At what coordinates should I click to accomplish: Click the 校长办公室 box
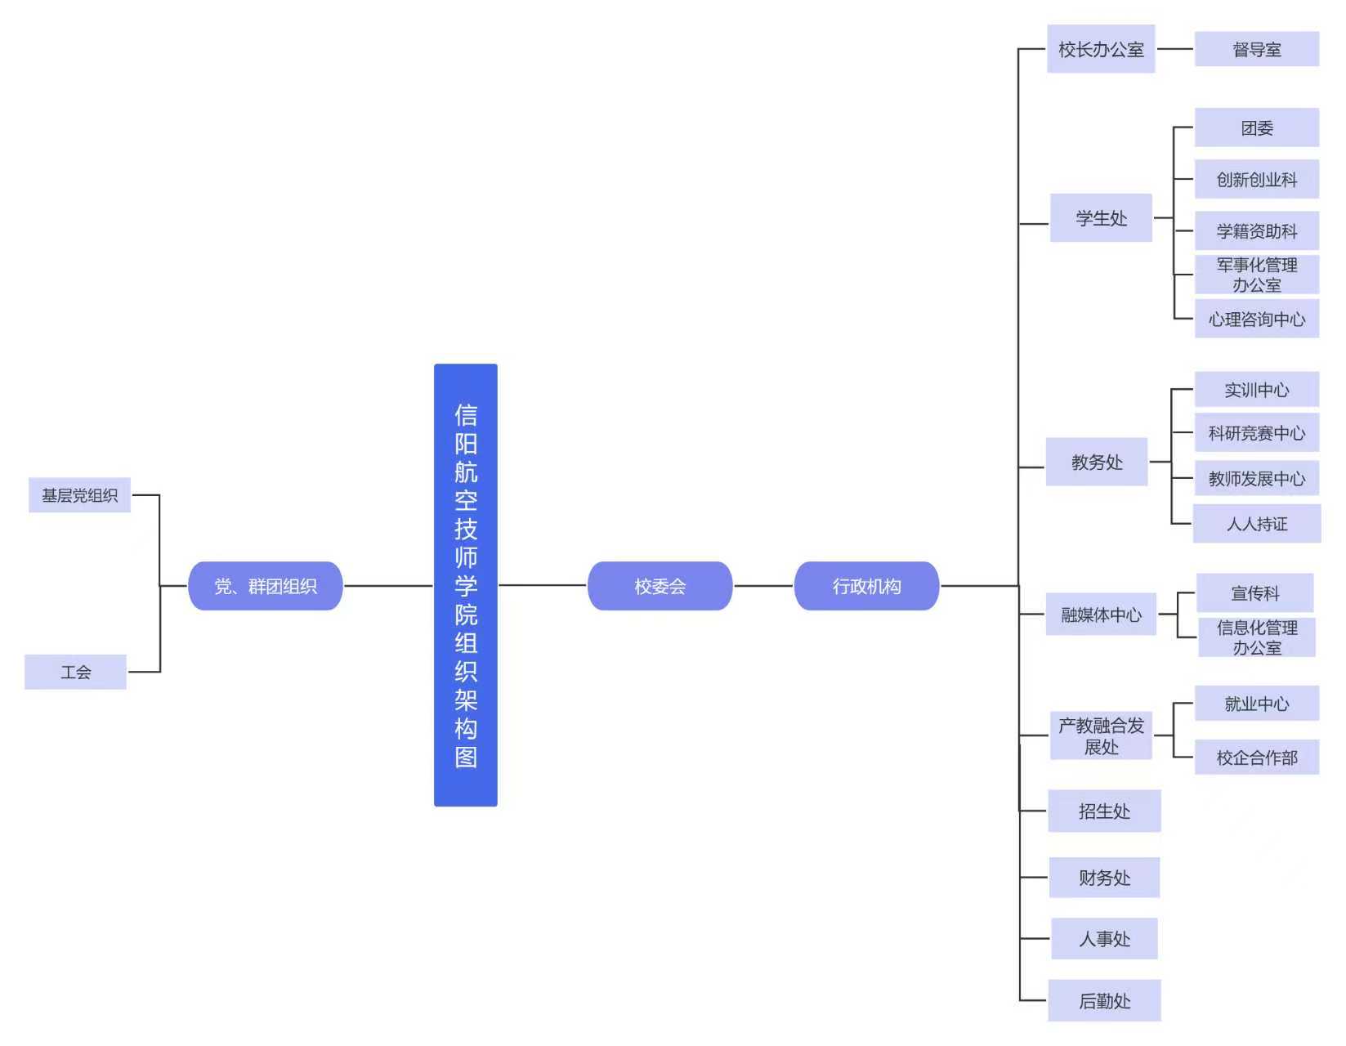pos(1100,49)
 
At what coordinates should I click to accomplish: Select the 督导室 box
pos(1256,49)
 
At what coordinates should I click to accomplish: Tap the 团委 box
pos(1256,127)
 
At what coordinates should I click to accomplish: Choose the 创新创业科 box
pos(1256,179)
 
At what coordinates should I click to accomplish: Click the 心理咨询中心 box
pos(1256,319)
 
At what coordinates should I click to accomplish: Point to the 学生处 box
pos(1100,218)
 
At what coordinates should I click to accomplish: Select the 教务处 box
pos(1096,462)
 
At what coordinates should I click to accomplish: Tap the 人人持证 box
pos(1256,524)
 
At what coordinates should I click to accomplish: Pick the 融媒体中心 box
pos(1100,615)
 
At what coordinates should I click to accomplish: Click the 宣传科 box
pos(1254,593)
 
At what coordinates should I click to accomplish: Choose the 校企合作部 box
pos(1256,758)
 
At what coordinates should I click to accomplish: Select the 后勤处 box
pos(1103,1000)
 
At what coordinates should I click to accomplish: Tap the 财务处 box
pos(1103,878)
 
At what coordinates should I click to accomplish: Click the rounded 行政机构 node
pos(866,586)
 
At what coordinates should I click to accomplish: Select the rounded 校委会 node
pos(660,586)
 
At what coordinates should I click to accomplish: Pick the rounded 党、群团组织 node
pos(265,586)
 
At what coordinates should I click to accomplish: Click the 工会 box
pos(75,672)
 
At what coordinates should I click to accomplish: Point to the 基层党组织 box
pos(79,495)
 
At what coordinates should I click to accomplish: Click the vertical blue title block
pos(465,585)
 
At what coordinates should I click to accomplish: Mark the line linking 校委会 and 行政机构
pos(763,586)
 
